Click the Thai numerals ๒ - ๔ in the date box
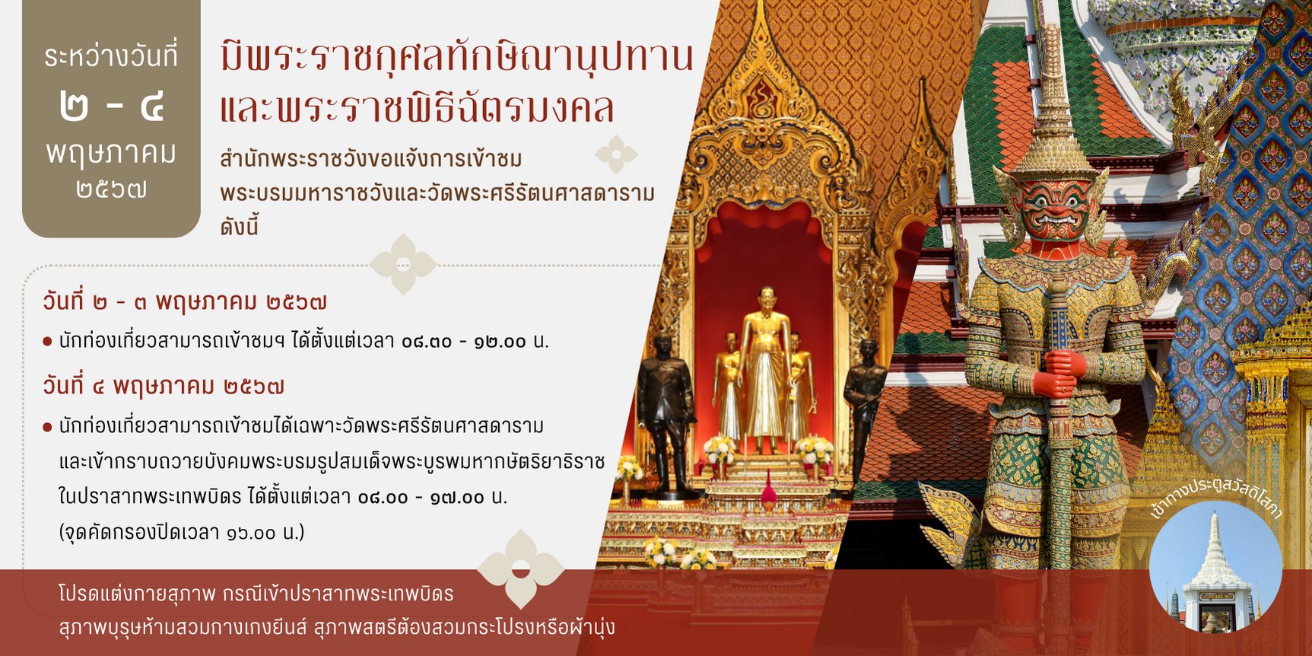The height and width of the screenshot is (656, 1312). click(111, 106)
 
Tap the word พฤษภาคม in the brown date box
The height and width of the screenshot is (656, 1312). click(111, 153)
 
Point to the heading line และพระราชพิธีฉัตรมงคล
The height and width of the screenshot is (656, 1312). click(417, 107)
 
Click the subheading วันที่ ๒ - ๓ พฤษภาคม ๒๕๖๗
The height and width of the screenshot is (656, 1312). click(185, 302)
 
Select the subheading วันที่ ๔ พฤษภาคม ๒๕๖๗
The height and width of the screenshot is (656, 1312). click(164, 387)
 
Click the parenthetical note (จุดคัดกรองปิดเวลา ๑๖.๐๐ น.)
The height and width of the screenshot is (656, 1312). click(182, 532)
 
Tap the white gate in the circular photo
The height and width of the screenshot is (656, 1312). click(1215, 578)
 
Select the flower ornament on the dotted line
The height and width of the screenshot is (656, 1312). click(403, 264)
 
